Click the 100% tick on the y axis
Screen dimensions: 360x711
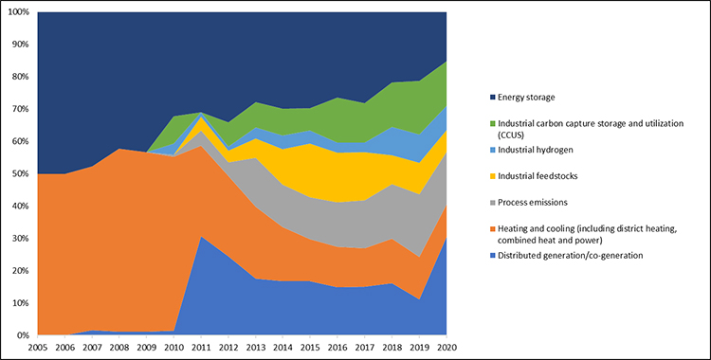click(18, 12)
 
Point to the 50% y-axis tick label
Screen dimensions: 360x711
click(20, 174)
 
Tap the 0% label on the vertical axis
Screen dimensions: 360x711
click(23, 335)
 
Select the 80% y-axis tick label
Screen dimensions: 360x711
click(20, 77)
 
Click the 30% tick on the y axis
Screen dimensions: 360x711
click(20, 239)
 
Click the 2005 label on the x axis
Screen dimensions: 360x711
click(37, 348)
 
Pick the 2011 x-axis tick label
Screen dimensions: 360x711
click(200, 348)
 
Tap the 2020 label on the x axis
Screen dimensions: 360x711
click(445, 348)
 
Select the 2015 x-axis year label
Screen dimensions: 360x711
click(309, 348)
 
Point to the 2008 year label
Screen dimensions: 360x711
click(118, 348)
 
